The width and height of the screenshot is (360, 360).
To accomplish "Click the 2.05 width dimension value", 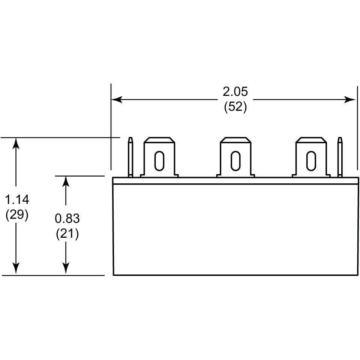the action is (235, 91).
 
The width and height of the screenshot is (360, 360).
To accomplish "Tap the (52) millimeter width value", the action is (235, 107).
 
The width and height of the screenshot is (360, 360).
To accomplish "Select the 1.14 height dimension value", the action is (17, 199).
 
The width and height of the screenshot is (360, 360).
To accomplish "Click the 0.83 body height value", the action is (67, 218).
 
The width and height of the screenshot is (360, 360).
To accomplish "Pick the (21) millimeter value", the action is (67, 234).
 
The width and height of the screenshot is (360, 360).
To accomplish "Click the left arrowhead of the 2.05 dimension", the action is (117, 100).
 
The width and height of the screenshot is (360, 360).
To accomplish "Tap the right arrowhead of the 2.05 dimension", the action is (350, 100).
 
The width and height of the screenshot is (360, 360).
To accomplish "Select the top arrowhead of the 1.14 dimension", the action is (16, 143).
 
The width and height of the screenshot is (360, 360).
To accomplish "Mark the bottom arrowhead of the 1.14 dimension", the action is (16, 269).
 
